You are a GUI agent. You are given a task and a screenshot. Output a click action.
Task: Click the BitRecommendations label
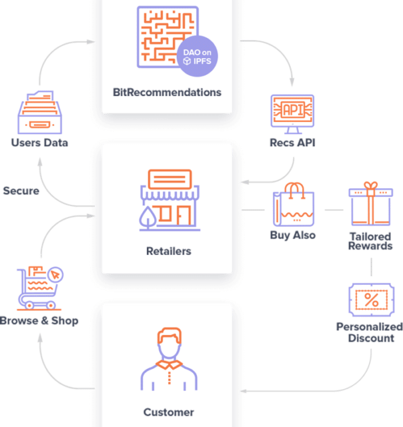coord(167,91)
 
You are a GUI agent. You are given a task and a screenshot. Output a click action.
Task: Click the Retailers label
coord(168,252)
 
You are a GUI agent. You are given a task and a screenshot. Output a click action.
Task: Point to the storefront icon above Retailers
coord(167,199)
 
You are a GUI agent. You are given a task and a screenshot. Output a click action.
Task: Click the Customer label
coord(168,412)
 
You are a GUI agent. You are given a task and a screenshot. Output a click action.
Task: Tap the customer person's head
coord(168,342)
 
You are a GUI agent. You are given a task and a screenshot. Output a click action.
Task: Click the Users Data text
coord(40,142)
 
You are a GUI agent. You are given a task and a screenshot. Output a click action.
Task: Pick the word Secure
coord(21,191)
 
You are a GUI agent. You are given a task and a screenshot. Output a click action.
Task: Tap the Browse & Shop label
coord(39,320)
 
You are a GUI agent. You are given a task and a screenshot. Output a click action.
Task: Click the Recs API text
coord(292,142)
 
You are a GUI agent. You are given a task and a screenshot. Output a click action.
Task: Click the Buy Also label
coord(293,235)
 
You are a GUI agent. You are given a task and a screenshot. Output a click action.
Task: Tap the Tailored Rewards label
coord(370,241)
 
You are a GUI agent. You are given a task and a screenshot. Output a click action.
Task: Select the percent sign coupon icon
coord(370,300)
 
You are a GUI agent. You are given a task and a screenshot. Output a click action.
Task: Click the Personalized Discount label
coord(371,332)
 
